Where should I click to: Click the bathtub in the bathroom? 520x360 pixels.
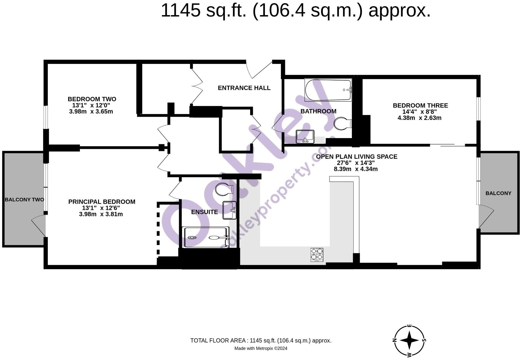(328, 90)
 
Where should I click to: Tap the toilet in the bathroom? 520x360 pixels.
(342, 124)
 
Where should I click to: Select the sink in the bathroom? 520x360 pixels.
(305, 137)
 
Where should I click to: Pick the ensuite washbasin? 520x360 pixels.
(229, 210)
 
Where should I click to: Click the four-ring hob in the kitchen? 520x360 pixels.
(317, 254)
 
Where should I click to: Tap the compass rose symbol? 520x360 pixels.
(410, 340)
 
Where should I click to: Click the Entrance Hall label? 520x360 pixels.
(244, 88)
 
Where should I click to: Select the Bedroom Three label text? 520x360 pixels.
(420, 105)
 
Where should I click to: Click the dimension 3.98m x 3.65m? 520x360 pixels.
(91, 112)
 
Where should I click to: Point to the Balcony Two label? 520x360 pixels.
(24, 200)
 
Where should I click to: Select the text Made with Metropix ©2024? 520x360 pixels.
(261, 349)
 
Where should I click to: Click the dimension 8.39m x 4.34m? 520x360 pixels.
(356, 169)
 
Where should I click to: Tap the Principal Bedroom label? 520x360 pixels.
(101, 202)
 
